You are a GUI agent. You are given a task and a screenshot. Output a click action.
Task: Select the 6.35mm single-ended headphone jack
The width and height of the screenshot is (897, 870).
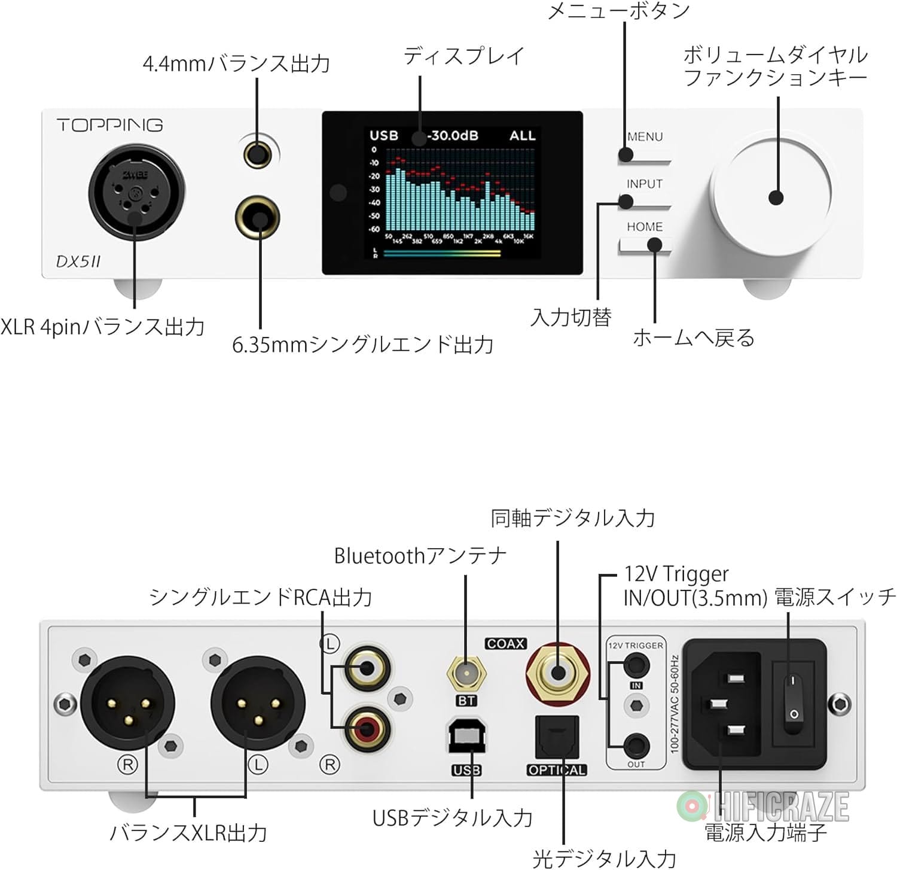(x=258, y=218)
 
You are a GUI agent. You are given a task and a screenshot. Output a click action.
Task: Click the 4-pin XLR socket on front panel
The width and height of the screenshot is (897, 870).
(x=136, y=192)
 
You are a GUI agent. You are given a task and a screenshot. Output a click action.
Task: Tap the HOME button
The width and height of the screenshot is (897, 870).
(x=645, y=245)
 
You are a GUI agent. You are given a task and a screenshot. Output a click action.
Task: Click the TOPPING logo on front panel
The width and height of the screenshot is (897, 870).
(x=109, y=125)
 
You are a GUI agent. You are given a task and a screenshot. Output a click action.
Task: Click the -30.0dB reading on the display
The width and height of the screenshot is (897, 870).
(x=453, y=135)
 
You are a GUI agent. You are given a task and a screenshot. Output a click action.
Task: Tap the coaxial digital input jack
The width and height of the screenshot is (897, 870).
(x=557, y=672)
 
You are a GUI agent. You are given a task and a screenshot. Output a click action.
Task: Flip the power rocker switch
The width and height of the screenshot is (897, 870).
(x=793, y=697)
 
